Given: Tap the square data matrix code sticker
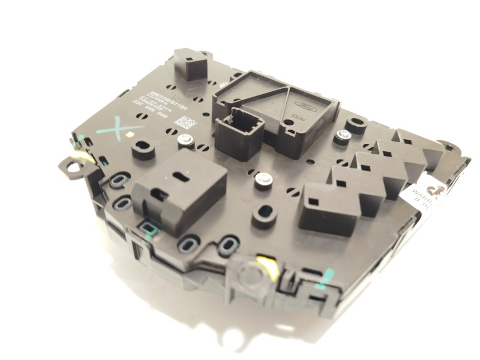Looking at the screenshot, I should tap(185, 122).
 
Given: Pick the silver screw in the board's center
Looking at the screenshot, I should tap(262, 179).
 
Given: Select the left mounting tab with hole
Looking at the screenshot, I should tap(73, 166).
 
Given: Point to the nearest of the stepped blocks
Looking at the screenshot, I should tap(320, 208).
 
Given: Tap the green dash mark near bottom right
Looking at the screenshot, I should tap(325, 278).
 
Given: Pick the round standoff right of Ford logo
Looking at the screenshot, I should tap(356, 125).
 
